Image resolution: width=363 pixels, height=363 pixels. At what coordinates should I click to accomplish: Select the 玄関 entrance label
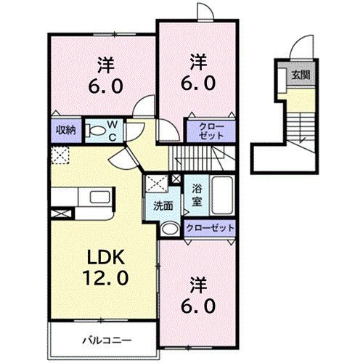point(300,75)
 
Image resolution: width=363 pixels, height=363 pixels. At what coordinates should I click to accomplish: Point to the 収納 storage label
point(66,131)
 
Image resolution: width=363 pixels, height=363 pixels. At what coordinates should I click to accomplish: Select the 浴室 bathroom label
point(196,193)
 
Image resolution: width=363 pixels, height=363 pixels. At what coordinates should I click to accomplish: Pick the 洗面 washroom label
point(163,205)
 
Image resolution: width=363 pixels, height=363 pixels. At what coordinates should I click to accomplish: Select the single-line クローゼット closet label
point(210,227)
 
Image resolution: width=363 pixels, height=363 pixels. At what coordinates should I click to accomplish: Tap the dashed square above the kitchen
point(60,154)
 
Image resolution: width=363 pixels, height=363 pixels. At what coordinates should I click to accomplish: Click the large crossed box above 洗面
point(155,183)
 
